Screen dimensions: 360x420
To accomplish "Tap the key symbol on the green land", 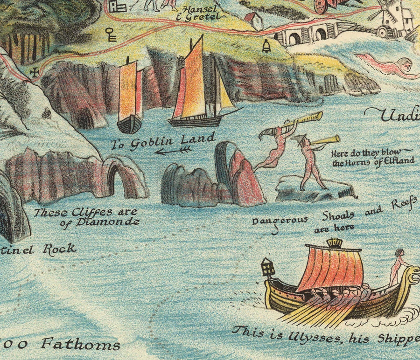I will tap(111, 35).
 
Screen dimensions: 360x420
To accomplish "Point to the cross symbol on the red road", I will tap(35, 72).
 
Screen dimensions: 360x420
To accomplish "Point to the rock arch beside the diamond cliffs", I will tap(121, 179).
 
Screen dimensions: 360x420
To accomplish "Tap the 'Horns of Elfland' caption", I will tap(373, 157).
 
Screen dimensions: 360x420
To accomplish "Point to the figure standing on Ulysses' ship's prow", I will tap(398, 267).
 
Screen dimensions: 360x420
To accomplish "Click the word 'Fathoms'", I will tap(80, 345).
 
